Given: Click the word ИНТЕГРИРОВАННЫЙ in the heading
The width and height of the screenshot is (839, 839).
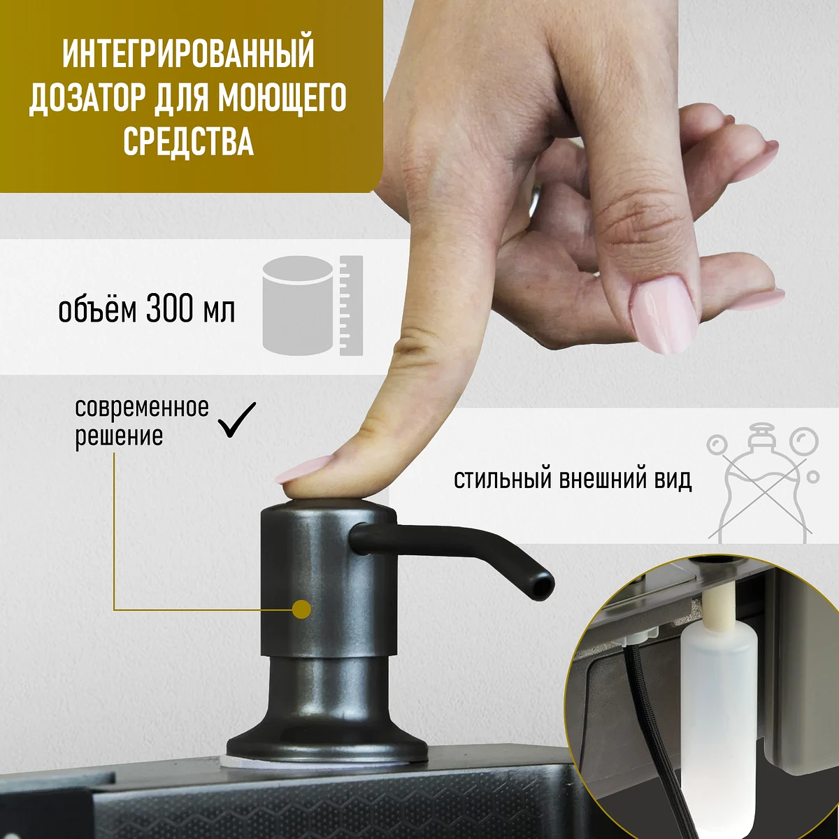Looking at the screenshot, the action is click(x=188, y=54).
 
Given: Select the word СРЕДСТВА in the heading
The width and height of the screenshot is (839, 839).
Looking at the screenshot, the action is click(x=188, y=142).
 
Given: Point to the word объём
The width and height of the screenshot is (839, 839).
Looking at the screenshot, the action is click(x=97, y=309).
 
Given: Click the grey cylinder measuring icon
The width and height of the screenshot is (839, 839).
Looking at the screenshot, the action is click(x=313, y=306).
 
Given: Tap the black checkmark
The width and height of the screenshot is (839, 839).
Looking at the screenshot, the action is click(x=236, y=419).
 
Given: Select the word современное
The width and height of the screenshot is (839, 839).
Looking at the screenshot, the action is click(x=142, y=408).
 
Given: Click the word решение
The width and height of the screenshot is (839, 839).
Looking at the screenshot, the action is click(x=119, y=436).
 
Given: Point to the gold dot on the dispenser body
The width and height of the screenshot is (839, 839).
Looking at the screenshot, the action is click(x=302, y=610).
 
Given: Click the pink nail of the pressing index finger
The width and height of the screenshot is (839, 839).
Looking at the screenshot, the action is click(x=301, y=469).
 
